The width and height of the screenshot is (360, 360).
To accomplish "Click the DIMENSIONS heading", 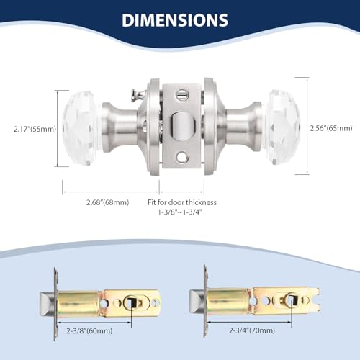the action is pyautogui.click(x=175, y=20).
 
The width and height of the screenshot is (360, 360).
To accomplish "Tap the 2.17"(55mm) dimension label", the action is pyautogui.click(x=35, y=129).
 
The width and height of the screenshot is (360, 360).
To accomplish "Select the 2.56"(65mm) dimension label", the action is pyautogui.click(x=331, y=128).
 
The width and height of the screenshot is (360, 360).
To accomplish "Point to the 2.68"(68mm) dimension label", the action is pyautogui.click(x=108, y=202).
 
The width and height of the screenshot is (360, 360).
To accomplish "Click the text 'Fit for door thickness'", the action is pyautogui.click(x=182, y=202).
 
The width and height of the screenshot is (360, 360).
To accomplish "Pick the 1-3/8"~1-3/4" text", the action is pyautogui.click(x=180, y=212).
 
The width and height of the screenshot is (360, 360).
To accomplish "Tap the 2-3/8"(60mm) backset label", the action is pyautogui.click(x=89, y=331).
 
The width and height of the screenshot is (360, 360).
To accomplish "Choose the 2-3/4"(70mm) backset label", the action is pyautogui.click(x=252, y=330).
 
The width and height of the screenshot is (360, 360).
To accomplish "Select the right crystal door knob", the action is pyautogui.click(x=283, y=127).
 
